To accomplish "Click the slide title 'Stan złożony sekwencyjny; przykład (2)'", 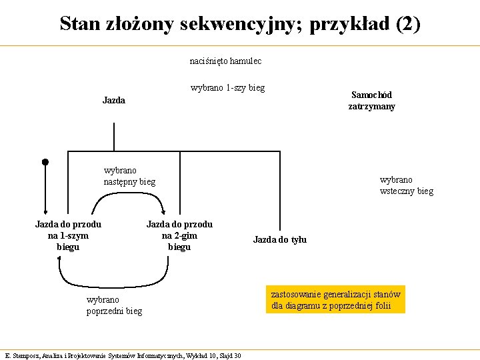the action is [240, 24].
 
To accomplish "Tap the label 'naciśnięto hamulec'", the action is [225, 61].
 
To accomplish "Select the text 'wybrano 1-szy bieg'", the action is [227, 87].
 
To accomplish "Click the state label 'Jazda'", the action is [114, 100].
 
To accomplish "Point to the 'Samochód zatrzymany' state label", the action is [371, 101].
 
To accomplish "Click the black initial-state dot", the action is [45, 161].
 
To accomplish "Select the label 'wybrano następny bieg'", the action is [129, 176].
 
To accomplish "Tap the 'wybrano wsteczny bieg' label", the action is [406, 185].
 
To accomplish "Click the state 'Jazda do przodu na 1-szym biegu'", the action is [68, 236].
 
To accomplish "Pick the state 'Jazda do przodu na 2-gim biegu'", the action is [179, 236].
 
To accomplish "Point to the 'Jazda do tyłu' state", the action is [280, 239].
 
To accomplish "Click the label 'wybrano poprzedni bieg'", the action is [114, 305].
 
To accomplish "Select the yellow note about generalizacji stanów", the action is [336, 300].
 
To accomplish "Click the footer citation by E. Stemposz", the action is [123, 355].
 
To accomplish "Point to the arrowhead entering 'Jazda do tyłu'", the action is [280, 227].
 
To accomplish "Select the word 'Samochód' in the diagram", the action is [371, 95].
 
